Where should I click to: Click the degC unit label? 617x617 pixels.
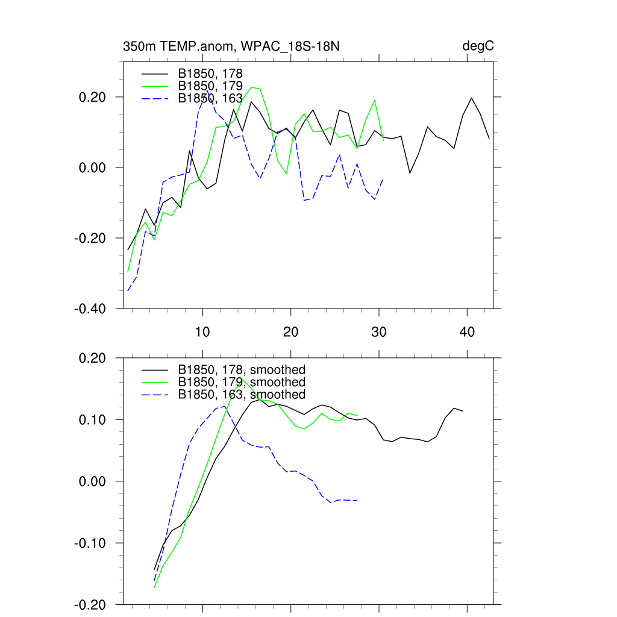pos(478,46)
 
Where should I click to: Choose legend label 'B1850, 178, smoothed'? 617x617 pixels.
pos(242,369)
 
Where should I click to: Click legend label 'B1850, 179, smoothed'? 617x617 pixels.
pos(242,382)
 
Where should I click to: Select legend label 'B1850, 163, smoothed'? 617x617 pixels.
pos(242,394)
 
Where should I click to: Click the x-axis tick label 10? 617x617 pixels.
pos(202,332)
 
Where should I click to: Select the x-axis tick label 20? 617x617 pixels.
pos(291,332)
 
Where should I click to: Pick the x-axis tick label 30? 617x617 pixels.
pos(380,332)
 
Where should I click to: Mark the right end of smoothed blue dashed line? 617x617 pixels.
pos(357,501)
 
